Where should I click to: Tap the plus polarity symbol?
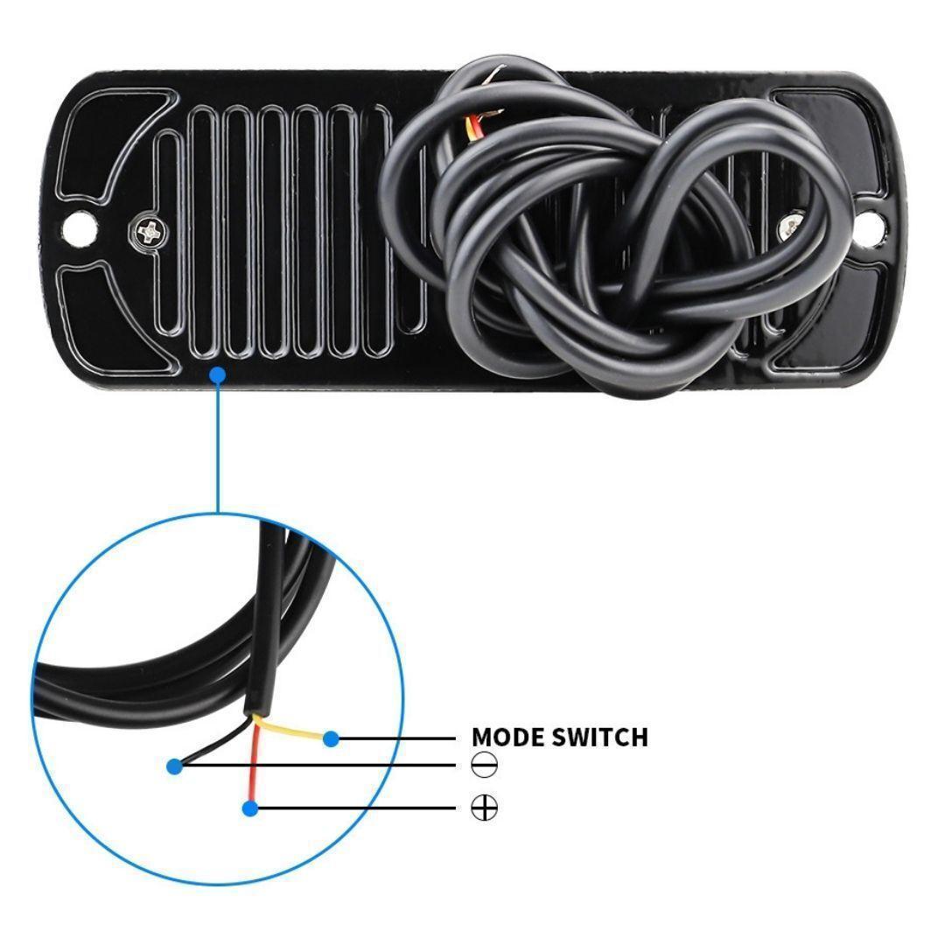[x=484, y=808]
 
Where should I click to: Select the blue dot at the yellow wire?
[x=331, y=738]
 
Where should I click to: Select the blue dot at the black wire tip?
[x=175, y=766]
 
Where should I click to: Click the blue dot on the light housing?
[x=218, y=375]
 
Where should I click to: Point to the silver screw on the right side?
[x=791, y=226]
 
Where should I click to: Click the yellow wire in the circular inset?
[x=290, y=727]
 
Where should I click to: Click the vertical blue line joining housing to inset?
[x=218, y=446]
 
